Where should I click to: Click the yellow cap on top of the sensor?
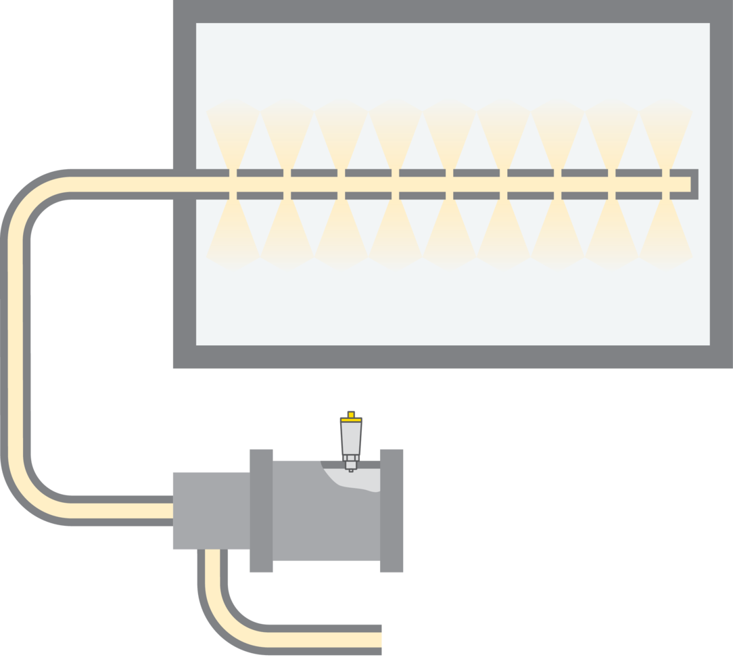pyautogui.click(x=351, y=415)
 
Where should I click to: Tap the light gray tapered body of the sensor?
pyautogui.click(x=351, y=437)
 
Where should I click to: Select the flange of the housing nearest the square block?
pyautogui.click(x=261, y=510)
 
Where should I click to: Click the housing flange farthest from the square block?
pyautogui.click(x=392, y=510)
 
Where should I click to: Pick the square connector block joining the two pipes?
pyautogui.click(x=210, y=510)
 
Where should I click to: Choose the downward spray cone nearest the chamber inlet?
pyautogui.click(x=233, y=230)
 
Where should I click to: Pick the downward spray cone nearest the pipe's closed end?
pyautogui.click(x=666, y=230)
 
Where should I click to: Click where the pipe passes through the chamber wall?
pyautogui.click(x=184, y=184)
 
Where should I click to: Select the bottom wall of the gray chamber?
pyautogui.click(x=446, y=357)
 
